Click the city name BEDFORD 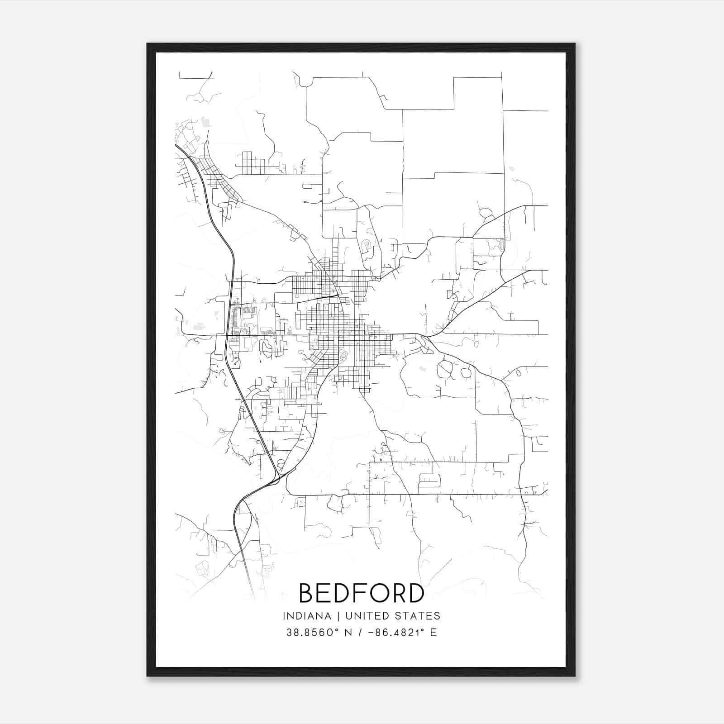[x=362, y=593]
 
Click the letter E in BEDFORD [x=325, y=593]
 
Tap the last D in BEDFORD [x=416, y=593]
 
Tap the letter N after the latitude [x=348, y=633]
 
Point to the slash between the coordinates [x=360, y=633]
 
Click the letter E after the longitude [x=434, y=633]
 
